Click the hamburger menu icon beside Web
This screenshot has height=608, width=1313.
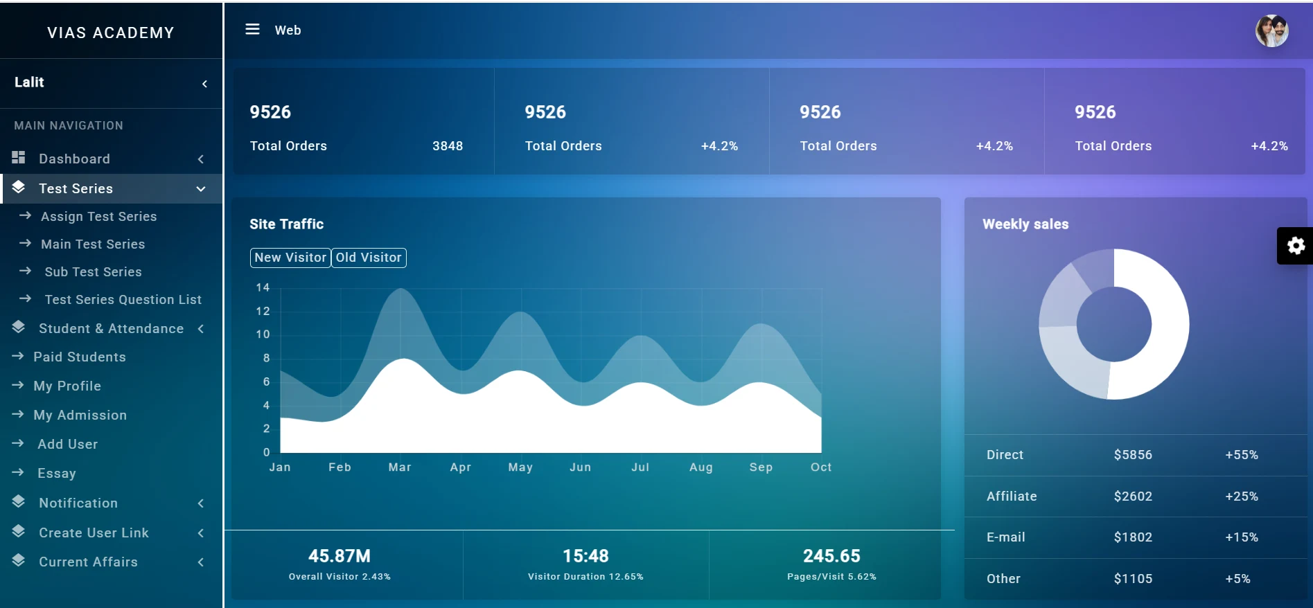pyautogui.click(x=252, y=29)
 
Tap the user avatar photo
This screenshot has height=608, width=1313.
pyautogui.click(x=1272, y=31)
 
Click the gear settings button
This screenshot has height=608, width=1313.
pyautogui.click(x=1296, y=246)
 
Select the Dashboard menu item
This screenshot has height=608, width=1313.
pyautogui.click(x=74, y=159)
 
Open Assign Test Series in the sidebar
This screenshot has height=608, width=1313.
pyautogui.click(x=98, y=216)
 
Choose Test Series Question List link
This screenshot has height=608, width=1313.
pyautogui.click(x=123, y=299)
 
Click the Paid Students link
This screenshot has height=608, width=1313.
pyautogui.click(x=80, y=357)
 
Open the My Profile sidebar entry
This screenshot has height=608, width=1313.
pyautogui.click(x=67, y=386)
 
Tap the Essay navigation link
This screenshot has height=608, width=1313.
pyautogui.click(x=57, y=473)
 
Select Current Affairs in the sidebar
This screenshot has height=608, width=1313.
pyautogui.click(x=88, y=562)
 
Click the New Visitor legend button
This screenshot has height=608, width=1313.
pyautogui.click(x=290, y=258)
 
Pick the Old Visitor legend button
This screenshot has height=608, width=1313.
pyautogui.click(x=369, y=258)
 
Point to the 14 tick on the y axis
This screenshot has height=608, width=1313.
pyautogui.click(x=263, y=287)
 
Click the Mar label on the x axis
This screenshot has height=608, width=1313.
pyautogui.click(x=400, y=467)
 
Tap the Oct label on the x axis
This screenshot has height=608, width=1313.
pyautogui.click(x=821, y=467)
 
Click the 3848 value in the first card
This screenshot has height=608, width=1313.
pyautogui.click(x=448, y=146)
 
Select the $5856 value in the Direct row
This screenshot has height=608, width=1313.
pyautogui.click(x=1133, y=455)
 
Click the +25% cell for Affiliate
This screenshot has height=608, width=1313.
pyautogui.click(x=1242, y=497)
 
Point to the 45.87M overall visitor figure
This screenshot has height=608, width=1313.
pyautogui.click(x=340, y=556)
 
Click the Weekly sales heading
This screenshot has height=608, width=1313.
pyautogui.click(x=1025, y=224)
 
